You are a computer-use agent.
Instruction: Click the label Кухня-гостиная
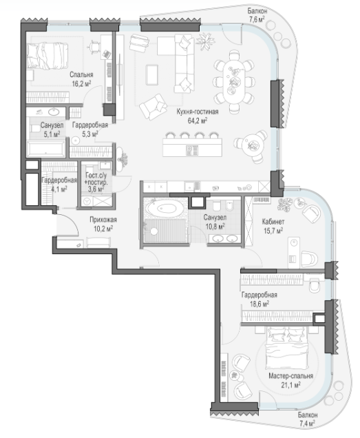[x=197, y=112]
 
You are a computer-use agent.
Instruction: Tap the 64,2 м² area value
[x=198, y=121]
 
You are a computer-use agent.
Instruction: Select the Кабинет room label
[x=273, y=222]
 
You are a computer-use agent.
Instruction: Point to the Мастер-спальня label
[x=290, y=376]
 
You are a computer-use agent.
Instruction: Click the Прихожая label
[x=103, y=220]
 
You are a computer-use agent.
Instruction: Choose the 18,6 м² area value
[x=260, y=304]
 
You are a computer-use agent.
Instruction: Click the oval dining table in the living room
[x=234, y=81]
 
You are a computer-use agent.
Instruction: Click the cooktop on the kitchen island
[x=192, y=150]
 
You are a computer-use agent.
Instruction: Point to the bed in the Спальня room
[x=47, y=56]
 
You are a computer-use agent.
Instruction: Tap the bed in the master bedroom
[x=288, y=346]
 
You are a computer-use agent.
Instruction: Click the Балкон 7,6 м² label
[x=257, y=15]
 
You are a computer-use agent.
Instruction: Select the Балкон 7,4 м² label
[x=308, y=419]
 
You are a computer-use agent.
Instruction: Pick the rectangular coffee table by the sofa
[x=152, y=74]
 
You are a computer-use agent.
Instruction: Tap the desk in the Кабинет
[x=294, y=253]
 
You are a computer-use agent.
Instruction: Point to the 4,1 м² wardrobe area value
[x=59, y=189]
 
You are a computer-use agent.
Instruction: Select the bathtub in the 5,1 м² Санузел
[x=46, y=149]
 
